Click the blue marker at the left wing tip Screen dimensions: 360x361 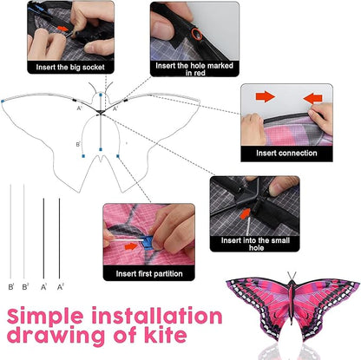pos(4,101)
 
